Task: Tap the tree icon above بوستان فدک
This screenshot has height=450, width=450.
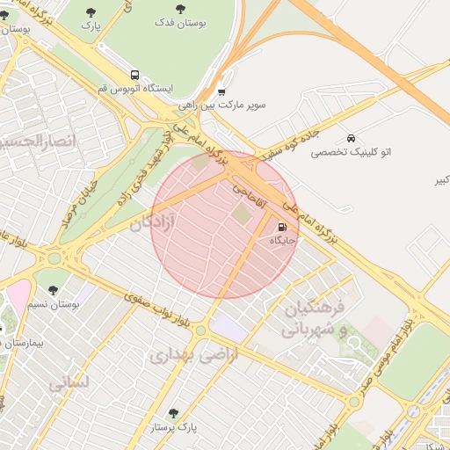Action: click(x=180, y=8)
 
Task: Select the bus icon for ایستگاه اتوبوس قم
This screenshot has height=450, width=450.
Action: click(x=134, y=76)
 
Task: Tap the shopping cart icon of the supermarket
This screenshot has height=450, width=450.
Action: click(x=221, y=91)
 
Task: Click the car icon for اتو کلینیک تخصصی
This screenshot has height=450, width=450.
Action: click(x=351, y=138)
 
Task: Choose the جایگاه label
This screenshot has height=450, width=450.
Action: click(x=282, y=240)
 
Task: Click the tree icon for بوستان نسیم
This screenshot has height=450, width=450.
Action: click(x=54, y=289)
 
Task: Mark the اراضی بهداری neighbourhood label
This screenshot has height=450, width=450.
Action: click(x=182, y=355)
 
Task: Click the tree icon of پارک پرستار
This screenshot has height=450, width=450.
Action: click(x=172, y=412)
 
